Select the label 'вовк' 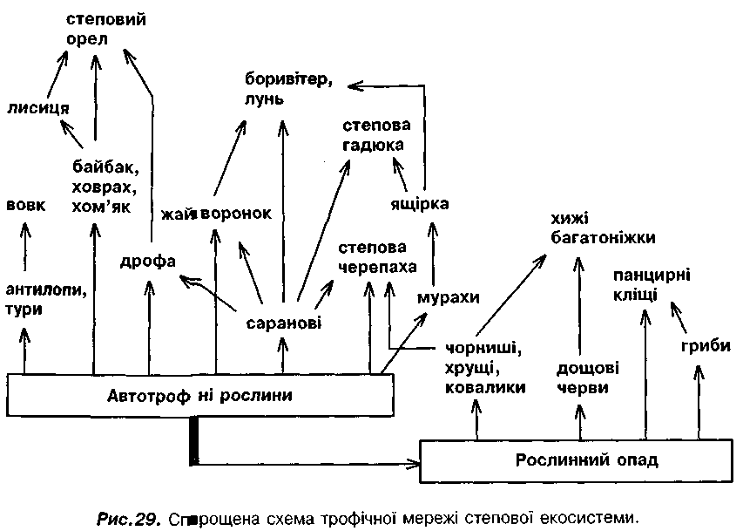(25, 206)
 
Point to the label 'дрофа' (149, 261)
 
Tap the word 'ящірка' (419, 204)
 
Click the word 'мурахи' (449, 296)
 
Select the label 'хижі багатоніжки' (602, 227)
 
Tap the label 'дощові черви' (583, 378)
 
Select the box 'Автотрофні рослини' (199, 395)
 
